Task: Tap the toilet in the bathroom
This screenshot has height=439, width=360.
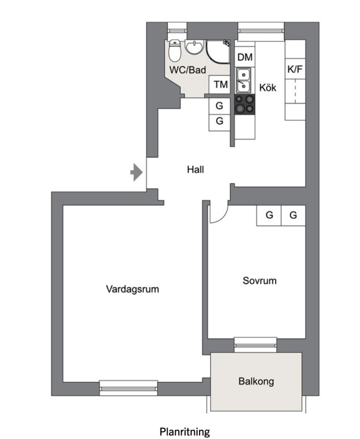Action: point(175,50)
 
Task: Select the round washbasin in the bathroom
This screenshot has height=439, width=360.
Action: point(195,47)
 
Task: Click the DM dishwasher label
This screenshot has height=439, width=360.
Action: point(245,58)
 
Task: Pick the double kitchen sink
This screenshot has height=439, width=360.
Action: point(244,80)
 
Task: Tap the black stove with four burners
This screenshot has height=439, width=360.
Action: point(244,105)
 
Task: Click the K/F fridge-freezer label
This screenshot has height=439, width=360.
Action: point(294,69)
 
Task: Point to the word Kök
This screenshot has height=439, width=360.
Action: point(268,87)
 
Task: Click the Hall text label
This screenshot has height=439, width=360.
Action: point(195,170)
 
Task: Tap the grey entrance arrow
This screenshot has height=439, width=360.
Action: point(136,172)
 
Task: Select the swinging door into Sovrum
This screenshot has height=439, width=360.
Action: point(217,211)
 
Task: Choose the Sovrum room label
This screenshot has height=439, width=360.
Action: point(259,281)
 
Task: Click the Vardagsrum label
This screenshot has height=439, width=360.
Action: point(133,289)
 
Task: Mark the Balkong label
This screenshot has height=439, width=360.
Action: point(256,381)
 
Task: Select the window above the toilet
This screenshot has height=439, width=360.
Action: point(176,29)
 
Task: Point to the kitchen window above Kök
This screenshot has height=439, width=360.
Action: point(261,29)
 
